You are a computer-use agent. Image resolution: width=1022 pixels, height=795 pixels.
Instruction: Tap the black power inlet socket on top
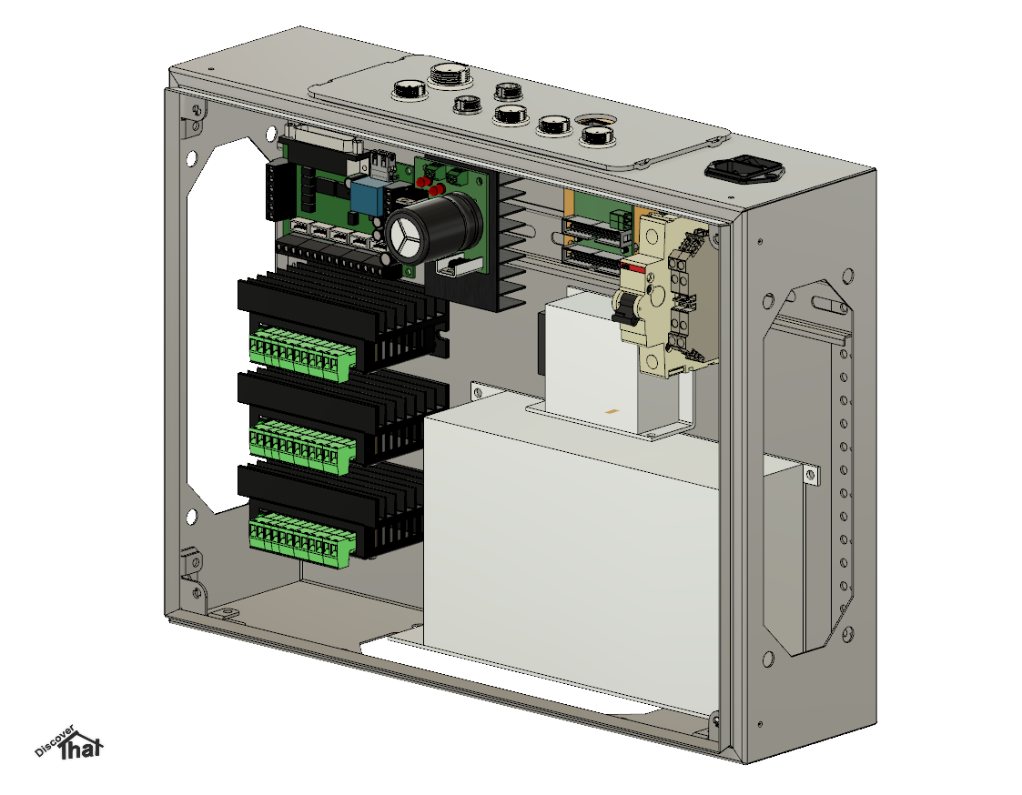(x=744, y=169)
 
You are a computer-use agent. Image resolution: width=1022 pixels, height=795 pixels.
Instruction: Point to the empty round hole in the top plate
(x=594, y=119)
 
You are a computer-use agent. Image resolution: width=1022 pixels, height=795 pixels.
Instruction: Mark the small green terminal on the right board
(x=622, y=218)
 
